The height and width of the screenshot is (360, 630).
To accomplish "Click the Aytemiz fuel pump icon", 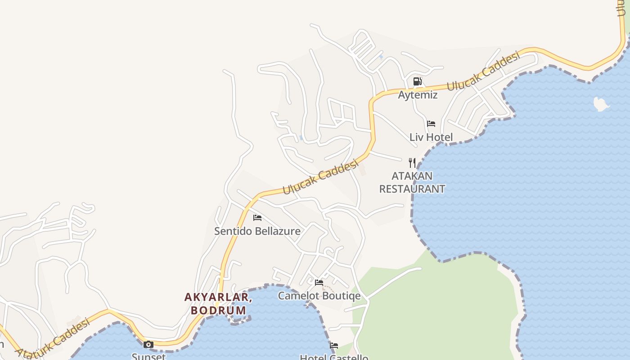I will click(417, 81).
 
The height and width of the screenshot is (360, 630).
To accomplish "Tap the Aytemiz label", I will click(418, 95).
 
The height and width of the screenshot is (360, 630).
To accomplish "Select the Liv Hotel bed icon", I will click(431, 123).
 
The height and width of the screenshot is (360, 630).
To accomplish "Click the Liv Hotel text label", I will click(431, 137).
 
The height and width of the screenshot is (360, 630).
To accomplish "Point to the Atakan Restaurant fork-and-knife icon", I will click(412, 162).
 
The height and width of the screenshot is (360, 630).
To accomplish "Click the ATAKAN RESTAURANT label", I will click(412, 182).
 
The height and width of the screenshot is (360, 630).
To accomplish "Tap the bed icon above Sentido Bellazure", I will click(257, 218).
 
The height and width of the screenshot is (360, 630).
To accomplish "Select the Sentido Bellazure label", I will click(257, 231).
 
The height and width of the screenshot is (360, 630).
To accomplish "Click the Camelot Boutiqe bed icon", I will click(319, 283).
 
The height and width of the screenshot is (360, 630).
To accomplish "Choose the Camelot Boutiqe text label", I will click(319, 296).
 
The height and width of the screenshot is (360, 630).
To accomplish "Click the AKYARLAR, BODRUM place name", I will click(218, 304).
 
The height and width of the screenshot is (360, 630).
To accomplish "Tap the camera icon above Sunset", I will click(148, 345).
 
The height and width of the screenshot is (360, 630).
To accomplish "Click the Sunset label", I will click(148, 356).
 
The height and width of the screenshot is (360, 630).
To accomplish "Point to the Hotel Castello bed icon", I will click(334, 346).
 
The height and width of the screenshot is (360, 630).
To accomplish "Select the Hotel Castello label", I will click(334, 357).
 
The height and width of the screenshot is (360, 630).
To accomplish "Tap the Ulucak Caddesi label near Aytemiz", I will click(483, 71).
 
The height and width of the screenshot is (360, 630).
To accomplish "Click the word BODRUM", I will click(219, 310).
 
